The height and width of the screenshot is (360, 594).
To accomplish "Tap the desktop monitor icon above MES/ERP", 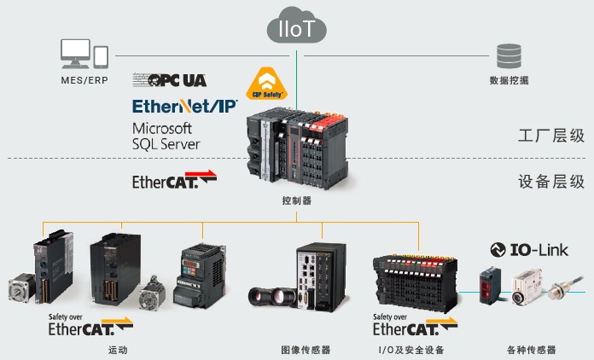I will [75, 54].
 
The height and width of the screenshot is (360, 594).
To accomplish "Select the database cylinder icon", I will [509, 55].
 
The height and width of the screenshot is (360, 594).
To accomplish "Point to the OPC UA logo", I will [170, 80].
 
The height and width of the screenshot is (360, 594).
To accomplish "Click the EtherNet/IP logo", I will [183, 107].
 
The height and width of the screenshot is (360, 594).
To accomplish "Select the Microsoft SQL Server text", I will [166, 136].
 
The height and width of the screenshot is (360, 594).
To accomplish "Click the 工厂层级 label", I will [550, 135].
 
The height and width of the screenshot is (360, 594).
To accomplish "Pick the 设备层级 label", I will [550, 181].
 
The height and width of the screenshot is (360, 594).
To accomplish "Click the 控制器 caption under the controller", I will [296, 201].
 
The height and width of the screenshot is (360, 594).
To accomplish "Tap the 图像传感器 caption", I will [305, 350].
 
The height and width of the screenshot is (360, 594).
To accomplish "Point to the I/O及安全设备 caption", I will [411, 350].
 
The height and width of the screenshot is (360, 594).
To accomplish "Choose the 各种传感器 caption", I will [531, 350].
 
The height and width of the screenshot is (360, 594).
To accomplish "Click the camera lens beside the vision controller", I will [272, 297].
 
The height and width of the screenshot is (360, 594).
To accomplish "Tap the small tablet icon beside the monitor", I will [101, 56].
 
